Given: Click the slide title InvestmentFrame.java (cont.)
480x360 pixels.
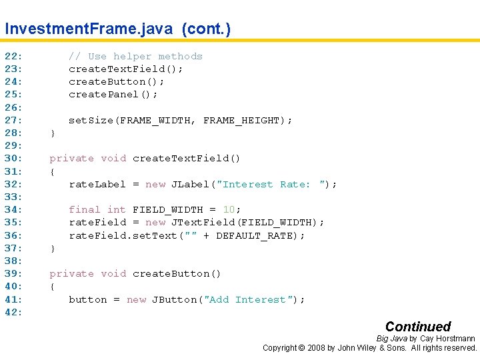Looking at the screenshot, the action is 117,29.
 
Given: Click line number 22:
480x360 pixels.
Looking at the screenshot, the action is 14,57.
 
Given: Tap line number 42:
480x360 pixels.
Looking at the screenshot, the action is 14,312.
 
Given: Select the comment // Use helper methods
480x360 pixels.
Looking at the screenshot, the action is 135,57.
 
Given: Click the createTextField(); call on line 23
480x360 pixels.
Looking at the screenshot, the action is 126,69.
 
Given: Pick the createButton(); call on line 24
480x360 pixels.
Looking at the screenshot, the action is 117,82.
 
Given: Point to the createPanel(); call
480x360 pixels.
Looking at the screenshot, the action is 113,95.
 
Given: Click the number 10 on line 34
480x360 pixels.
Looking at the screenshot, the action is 229,210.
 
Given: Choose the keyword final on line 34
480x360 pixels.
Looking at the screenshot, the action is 85,210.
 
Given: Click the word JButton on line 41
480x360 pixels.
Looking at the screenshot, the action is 174,299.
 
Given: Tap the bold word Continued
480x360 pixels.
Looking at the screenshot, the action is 418,327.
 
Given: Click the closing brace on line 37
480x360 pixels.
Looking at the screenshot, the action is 53,248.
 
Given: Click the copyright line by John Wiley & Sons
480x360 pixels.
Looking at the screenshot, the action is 370,348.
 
